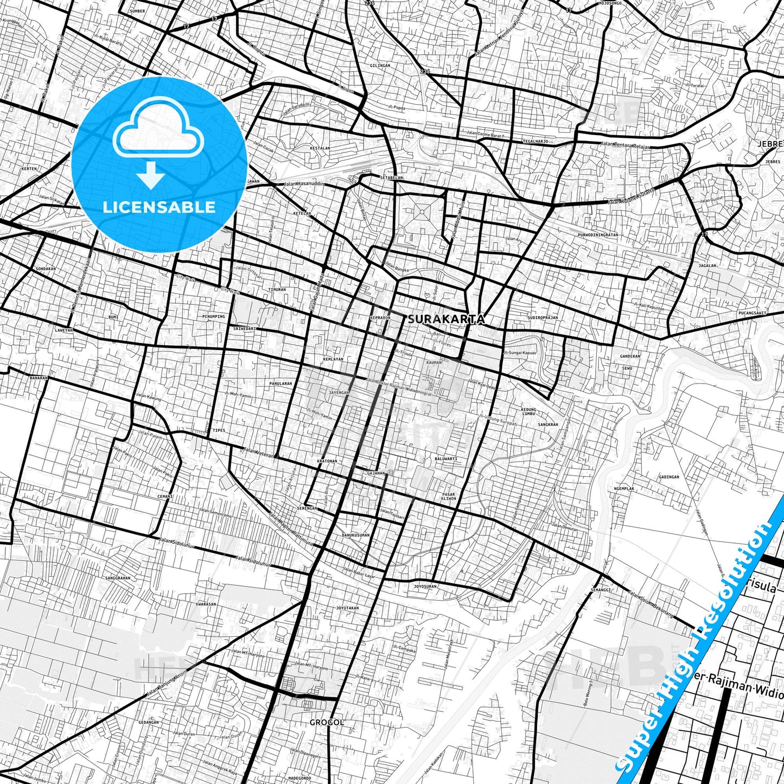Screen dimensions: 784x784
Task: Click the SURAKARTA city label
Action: click(x=446, y=320)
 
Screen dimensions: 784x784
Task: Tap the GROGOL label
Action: click(x=327, y=722)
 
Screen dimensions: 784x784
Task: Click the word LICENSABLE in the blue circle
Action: click(x=159, y=207)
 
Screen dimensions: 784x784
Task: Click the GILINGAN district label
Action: click(x=380, y=66)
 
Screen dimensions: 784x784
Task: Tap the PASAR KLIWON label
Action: click(x=449, y=496)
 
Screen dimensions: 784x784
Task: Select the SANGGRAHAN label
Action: click(x=118, y=578)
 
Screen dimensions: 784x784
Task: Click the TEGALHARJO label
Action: click(x=536, y=141)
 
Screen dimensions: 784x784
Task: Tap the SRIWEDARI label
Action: click(x=244, y=329)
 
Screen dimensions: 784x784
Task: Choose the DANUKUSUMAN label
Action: click(x=355, y=535)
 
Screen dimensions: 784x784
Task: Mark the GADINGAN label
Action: click(x=668, y=477)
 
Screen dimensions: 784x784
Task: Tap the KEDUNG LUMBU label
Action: click(x=528, y=411)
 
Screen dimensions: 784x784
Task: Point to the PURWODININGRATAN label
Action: click(x=598, y=235)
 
